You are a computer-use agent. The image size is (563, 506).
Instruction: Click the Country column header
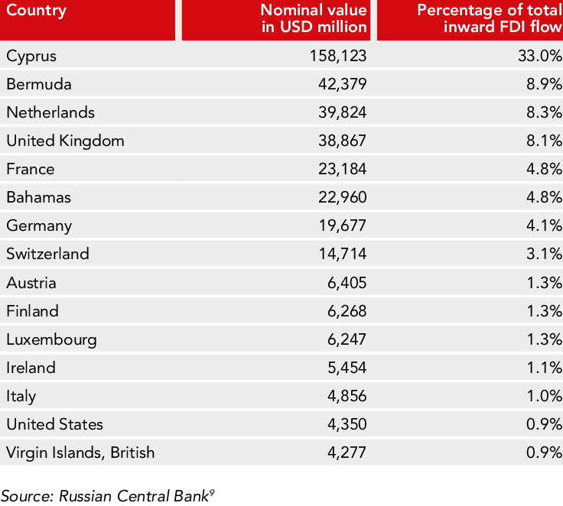[x=37, y=11]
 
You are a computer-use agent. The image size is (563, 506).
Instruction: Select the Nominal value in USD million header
[x=314, y=20]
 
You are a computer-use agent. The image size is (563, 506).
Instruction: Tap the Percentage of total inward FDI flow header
[x=490, y=20]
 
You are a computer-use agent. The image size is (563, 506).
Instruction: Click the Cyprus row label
[x=31, y=56]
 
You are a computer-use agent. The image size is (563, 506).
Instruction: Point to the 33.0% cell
[x=540, y=56]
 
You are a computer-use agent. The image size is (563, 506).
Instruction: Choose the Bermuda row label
[x=39, y=84]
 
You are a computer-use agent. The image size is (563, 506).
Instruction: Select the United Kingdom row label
[x=65, y=141]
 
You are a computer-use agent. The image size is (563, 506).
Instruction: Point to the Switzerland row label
[x=47, y=254]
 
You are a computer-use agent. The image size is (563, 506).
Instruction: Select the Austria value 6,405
[x=346, y=283]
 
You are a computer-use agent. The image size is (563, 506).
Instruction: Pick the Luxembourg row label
[x=51, y=339]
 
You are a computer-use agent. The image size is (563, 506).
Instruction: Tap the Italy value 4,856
[x=346, y=396]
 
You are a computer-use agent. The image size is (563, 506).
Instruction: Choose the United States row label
[x=54, y=424]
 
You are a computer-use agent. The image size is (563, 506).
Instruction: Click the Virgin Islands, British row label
[x=80, y=452]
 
